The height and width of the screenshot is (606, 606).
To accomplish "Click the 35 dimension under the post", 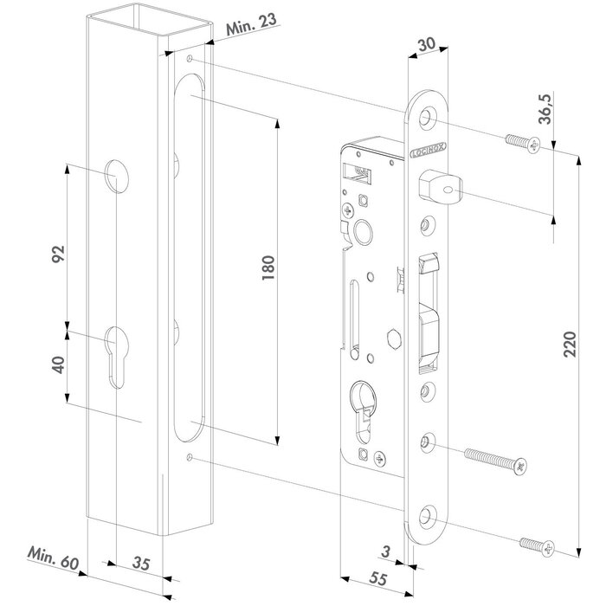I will click(x=143, y=564).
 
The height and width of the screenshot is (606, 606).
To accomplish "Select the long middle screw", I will click(x=494, y=459).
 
